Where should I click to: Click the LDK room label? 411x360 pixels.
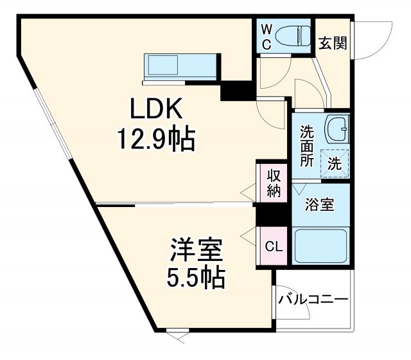(x=157, y=110)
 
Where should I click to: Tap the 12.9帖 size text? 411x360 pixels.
(x=155, y=138)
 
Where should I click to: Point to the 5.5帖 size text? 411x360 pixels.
(x=196, y=277)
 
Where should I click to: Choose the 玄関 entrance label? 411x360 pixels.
(x=333, y=43)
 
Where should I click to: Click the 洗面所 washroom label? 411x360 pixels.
(x=308, y=145)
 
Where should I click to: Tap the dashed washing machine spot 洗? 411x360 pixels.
(x=335, y=163)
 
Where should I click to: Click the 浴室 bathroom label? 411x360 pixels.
(x=319, y=205)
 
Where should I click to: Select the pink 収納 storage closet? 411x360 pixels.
(x=274, y=183)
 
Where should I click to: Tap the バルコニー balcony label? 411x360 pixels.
(x=313, y=300)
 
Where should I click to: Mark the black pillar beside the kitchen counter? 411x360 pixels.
(x=236, y=89)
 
